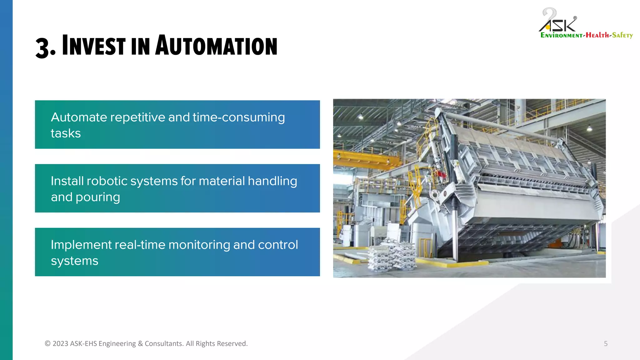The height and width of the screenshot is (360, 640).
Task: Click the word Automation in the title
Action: (x=216, y=46)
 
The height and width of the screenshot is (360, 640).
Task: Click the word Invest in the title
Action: (x=94, y=46)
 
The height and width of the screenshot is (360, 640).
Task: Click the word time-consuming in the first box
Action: (x=238, y=117)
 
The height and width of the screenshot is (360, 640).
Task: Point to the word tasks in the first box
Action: (x=66, y=133)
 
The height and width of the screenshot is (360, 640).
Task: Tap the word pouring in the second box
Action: (x=97, y=197)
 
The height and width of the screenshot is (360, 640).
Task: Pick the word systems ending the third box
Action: (x=74, y=261)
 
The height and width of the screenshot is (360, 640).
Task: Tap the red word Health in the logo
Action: (x=597, y=35)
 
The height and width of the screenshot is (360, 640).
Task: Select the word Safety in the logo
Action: (x=622, y=35)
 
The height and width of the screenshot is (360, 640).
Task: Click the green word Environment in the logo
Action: (x=561, y=35)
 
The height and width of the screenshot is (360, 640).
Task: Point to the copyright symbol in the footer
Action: (x=47, y=343)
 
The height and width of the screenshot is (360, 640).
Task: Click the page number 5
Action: (x=605, y=343)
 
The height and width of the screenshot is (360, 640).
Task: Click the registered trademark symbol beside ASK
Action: (x=575, y=18)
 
